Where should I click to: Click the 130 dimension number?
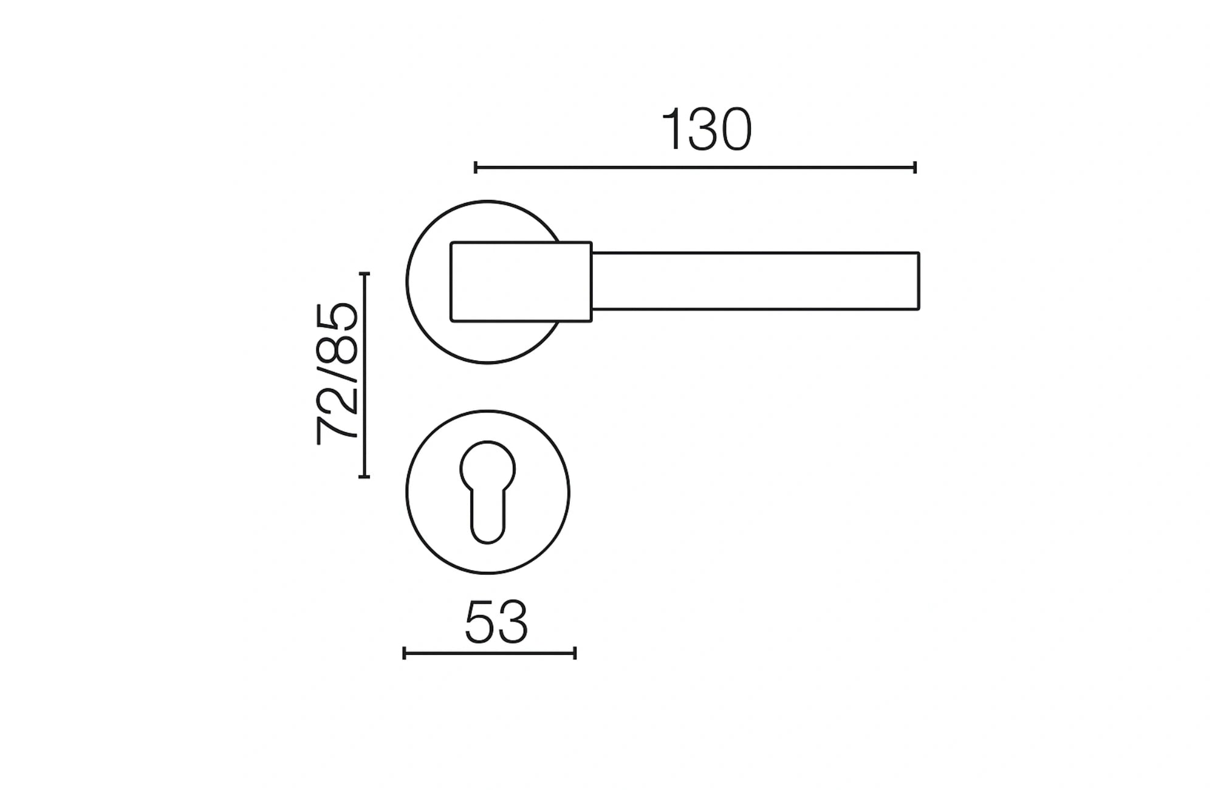(707, 130)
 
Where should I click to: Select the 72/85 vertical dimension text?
(337, 374)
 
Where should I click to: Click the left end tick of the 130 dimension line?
(476, 167)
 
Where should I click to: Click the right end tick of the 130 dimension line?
(915, 167)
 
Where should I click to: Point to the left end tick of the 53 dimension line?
(405, 653)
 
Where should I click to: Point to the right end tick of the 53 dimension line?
(575, 653)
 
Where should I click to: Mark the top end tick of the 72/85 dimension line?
(364, 274)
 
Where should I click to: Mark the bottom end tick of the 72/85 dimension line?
(364, 476)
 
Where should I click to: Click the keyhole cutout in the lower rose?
(488, 489)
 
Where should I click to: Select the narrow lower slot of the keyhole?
(488, 517)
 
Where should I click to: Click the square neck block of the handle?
(521, 281)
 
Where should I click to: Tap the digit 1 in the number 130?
(673, 130)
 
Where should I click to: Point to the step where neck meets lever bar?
(592, 252)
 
